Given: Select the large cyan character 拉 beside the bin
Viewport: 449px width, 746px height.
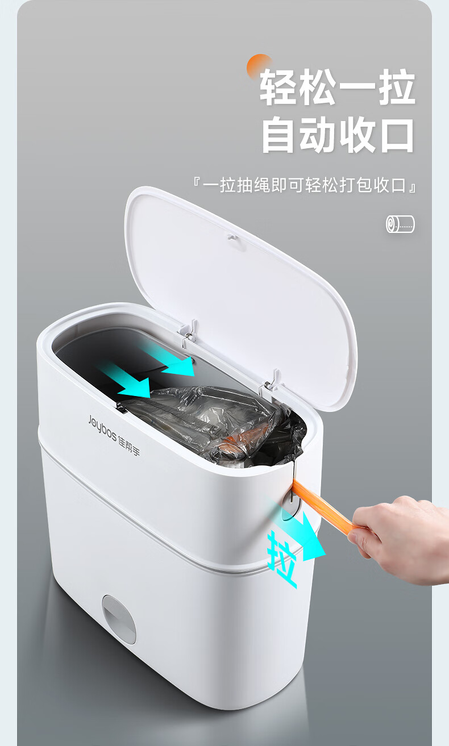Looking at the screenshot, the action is pos(282,560).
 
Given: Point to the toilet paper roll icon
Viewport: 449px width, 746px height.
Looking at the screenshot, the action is pos(400,224).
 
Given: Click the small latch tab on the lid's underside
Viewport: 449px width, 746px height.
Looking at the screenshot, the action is pos(231,237).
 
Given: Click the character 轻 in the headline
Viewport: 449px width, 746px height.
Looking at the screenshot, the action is pos(279,87).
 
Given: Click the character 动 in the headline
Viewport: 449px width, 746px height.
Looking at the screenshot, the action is pos(318,136).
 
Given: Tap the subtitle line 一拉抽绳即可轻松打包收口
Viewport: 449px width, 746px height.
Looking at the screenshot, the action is pos(305,185).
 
